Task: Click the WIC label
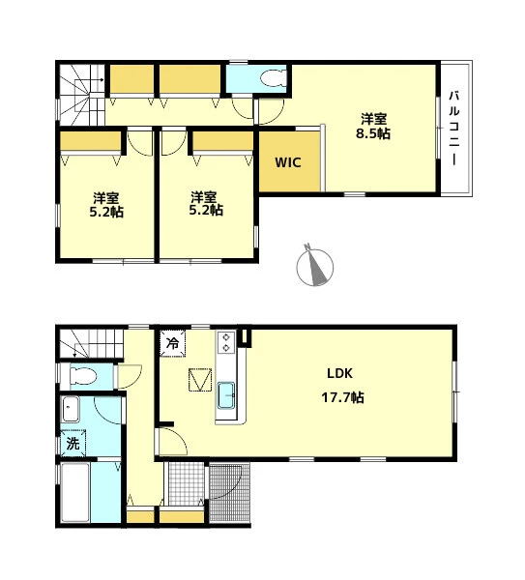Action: tap(288, 162)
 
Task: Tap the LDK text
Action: tap(339, 373)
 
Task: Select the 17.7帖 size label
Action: tap(342, 397)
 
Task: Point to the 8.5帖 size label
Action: tap(373, 133)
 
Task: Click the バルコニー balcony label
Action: tap(454, 128)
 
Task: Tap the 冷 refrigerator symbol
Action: tap(173, 344)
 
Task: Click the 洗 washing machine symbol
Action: tap(73, 443)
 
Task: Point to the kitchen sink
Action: tap(226, 395)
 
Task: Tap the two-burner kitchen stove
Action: tap(226, 342)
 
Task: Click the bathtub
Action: tap(75, 493)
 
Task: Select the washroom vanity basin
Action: tap(71, 409)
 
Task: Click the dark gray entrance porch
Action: tap(230, 493)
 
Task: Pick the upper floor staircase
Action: tap(82, 95)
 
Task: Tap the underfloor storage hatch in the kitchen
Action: tap(200, 380)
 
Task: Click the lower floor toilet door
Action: tap(128, 377)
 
